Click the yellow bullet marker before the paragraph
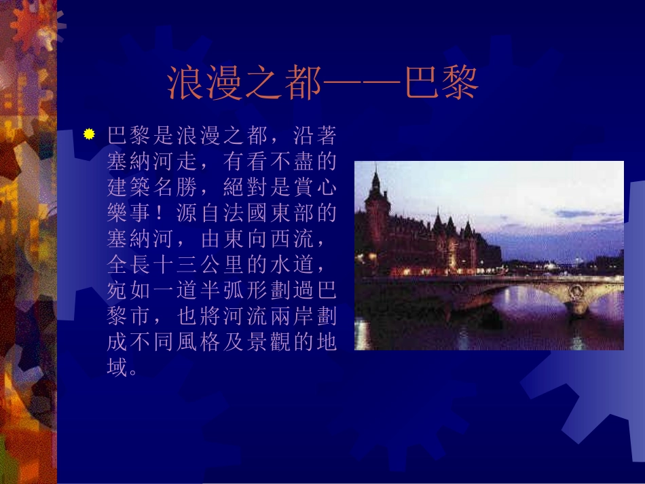click(x=89, y=134)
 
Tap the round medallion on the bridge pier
click(x=576, y=293)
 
